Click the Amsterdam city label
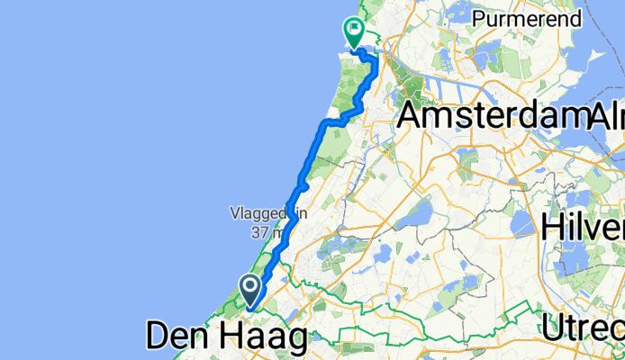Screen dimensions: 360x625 pyautogui.click(x=491, y=115)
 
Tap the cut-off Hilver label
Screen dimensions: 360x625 pyautogui.click(x=583, y=227)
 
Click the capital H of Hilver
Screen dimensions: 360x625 pyautogui.click(x=553, y=227)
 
